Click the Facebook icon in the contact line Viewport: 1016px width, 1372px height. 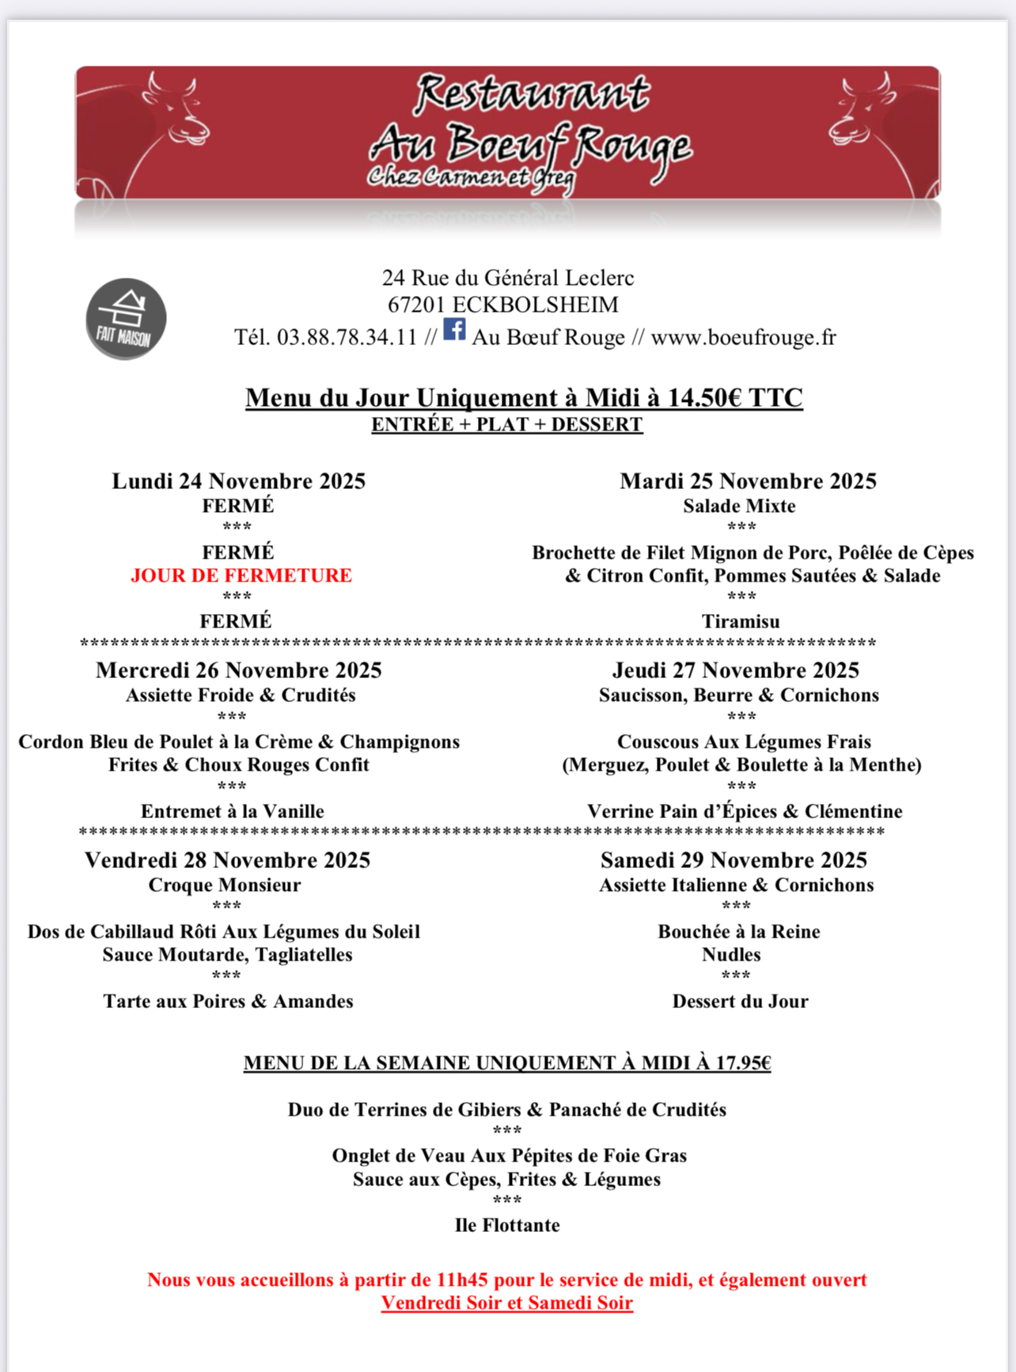pos(454,329)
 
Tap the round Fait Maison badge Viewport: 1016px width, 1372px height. pos(126,318)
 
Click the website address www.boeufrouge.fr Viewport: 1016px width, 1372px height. pos(743,338)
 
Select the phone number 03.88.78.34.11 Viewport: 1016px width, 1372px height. pos(347,338)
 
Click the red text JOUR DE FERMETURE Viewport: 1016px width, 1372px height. pos(241,575)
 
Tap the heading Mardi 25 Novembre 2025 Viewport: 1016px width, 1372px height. pos(748,481)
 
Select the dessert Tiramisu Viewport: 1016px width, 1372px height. pos(741,621)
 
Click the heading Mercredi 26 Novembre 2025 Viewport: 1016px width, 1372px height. pos(238,670)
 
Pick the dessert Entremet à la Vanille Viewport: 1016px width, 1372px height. pos(232,811)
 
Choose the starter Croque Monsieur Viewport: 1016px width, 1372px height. pos(225,885)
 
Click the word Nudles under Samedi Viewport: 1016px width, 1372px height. pos(731,954)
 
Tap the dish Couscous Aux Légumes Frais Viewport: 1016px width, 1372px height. pos(744,741)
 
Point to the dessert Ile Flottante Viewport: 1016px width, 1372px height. pos(507,1225)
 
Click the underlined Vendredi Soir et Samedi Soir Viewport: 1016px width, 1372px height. pos(507,1302)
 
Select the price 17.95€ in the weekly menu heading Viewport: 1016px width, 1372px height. pos(743,1063)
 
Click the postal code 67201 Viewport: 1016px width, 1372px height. pos(416,305)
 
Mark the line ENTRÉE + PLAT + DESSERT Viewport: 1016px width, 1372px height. pos(507,424)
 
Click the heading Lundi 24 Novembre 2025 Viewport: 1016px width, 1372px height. pos(238,481)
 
